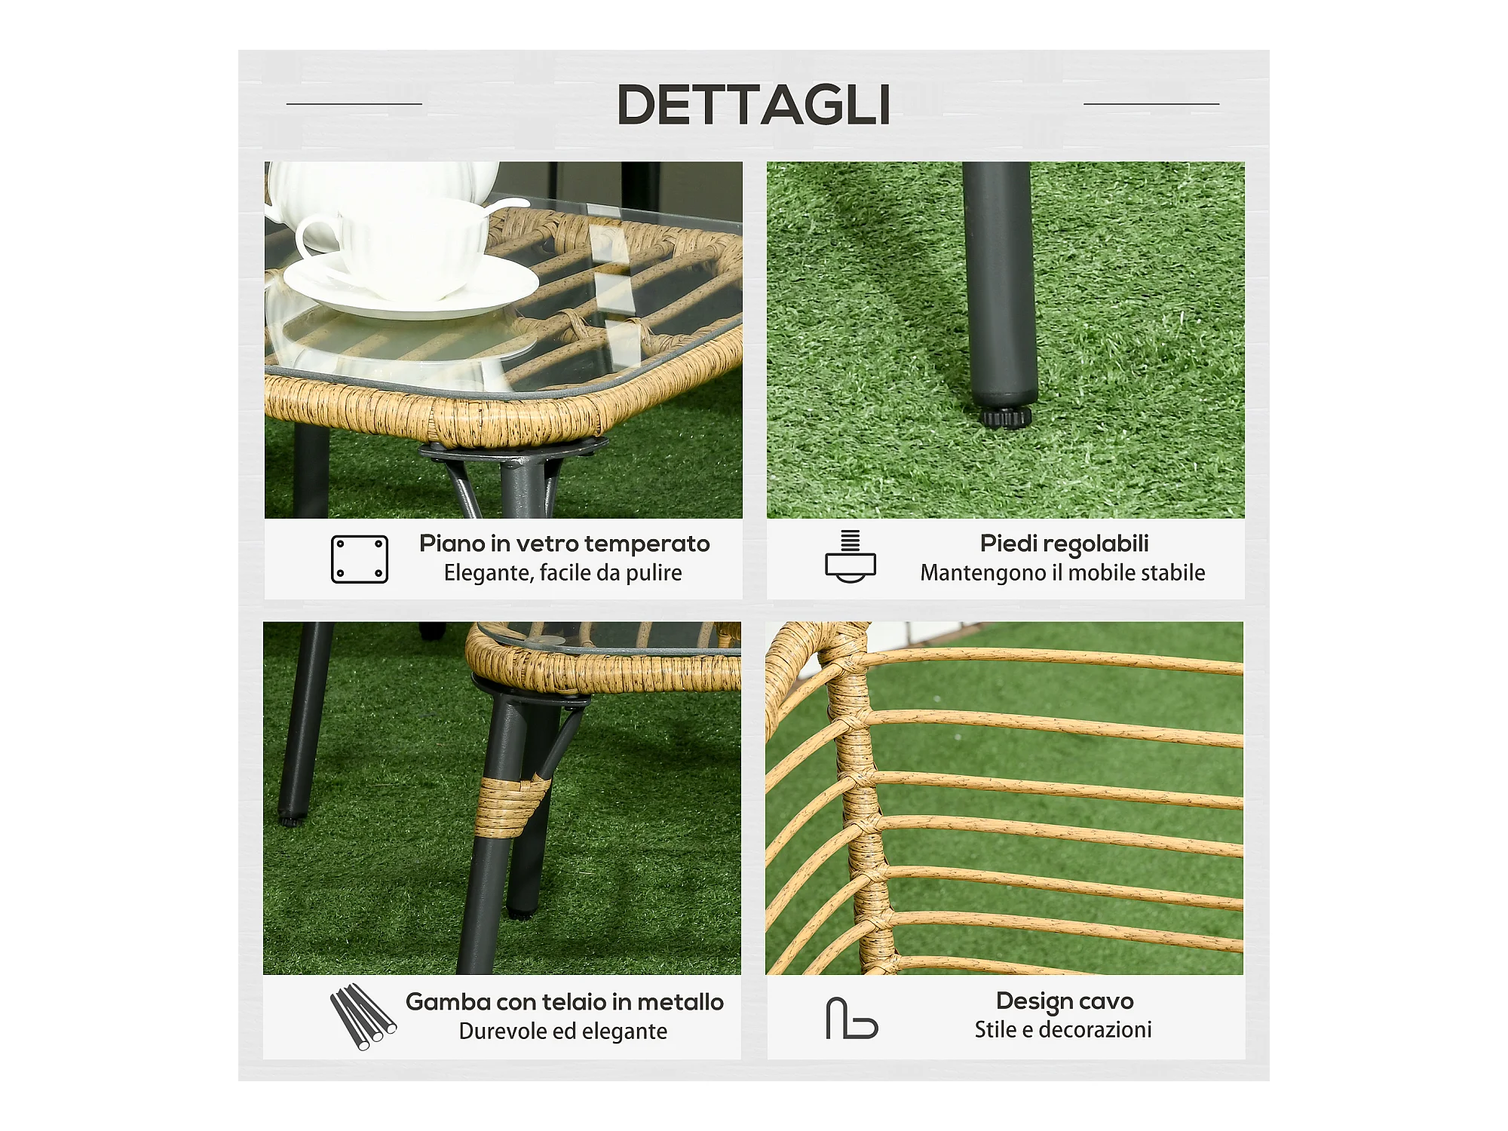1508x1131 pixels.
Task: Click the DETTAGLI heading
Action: (754, 104)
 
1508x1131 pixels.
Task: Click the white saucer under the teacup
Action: (411, 287)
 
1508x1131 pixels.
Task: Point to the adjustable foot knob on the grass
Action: (1006, 417)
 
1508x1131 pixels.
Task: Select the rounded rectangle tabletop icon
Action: (360, 559)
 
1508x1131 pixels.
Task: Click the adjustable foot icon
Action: (851, 557)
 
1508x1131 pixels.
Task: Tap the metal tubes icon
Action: (363, 1016)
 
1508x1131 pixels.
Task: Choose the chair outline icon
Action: (852, 1018)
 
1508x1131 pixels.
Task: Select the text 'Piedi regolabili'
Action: (1064, 544)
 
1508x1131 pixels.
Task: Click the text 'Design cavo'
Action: (1065, 1001)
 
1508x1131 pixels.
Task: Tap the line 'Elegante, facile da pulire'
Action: (562, 573)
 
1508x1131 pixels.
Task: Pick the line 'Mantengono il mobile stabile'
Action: (1062, 573)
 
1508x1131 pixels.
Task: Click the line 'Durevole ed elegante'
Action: (563, 1031)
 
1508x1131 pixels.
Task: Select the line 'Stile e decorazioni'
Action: (1063, 1030)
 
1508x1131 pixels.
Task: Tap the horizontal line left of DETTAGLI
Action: (354, 104)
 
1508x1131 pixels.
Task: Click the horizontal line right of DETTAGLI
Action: (1151, 104)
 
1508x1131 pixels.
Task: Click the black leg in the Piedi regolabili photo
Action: (1001, 287)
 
